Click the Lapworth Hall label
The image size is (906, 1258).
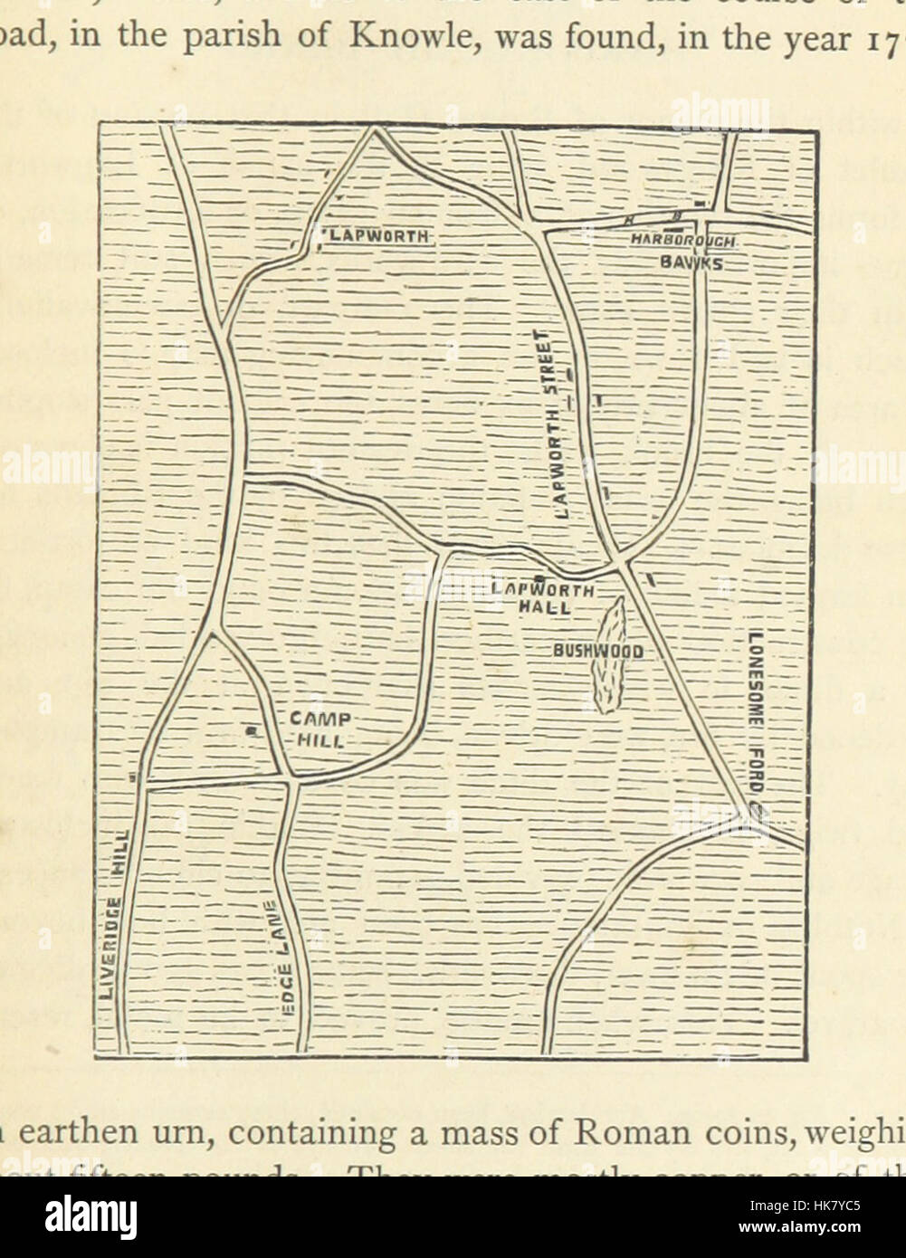543,598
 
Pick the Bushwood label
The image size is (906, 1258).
598,651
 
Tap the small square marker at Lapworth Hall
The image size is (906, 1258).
538,577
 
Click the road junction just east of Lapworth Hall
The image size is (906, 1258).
624,566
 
